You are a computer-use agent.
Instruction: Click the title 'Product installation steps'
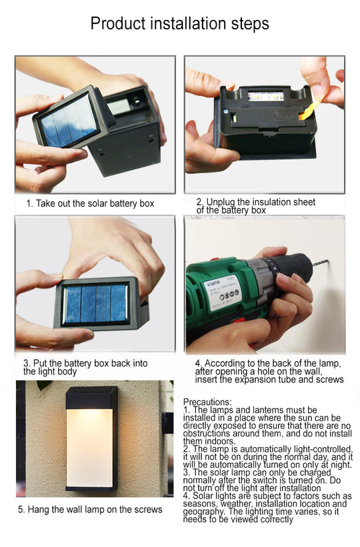pos(179,24)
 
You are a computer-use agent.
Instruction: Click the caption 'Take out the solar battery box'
pos(91,203)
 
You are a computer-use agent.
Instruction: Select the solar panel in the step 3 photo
pos(95,304)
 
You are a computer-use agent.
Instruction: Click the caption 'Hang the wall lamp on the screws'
pos(89,510)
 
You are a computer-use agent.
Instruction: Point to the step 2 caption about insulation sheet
pos(255,206)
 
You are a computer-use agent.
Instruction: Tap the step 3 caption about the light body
pos(85,367)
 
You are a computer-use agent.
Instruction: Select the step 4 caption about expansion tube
pos(269,371)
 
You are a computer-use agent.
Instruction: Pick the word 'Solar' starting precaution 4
pos(205,496)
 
